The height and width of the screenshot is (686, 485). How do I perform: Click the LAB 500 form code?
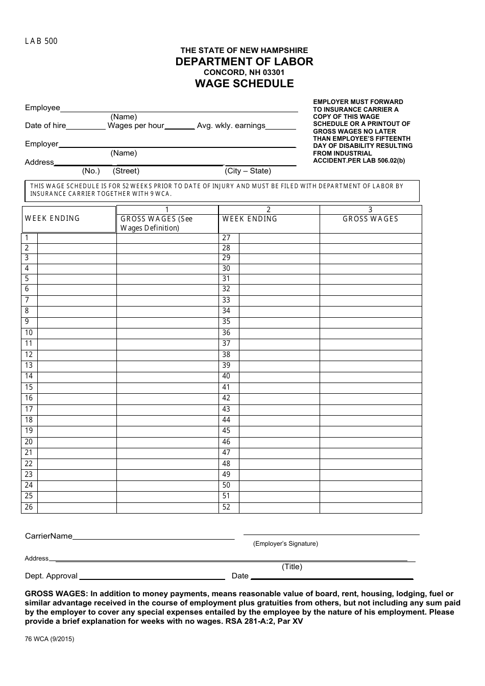coord(41,41)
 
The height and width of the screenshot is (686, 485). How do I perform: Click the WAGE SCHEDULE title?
coord(244,84)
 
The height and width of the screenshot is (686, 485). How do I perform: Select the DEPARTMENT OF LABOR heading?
coord(244,62)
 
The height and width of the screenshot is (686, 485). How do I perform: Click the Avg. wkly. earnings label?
coord(231,125)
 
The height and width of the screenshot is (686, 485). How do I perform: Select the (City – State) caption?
coord(248,171)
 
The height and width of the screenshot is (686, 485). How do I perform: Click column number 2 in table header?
coord(269,210)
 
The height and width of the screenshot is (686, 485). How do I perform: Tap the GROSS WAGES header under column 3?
coord(370,219)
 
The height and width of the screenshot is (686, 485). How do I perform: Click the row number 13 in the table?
coord(29,366)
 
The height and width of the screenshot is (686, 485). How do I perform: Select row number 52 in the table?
coord(226,507)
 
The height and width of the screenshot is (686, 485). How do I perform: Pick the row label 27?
coord(226,238)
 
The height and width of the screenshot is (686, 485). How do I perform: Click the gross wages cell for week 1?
coord(167,238)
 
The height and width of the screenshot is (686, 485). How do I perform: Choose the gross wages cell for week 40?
coord(370,376)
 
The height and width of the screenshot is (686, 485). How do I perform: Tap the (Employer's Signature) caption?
coord(285,544)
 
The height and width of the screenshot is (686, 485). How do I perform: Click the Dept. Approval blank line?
coord(152,577)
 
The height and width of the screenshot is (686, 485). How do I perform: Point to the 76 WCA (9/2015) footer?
coord(50,639)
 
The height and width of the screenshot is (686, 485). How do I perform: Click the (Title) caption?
coord(292,567)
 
